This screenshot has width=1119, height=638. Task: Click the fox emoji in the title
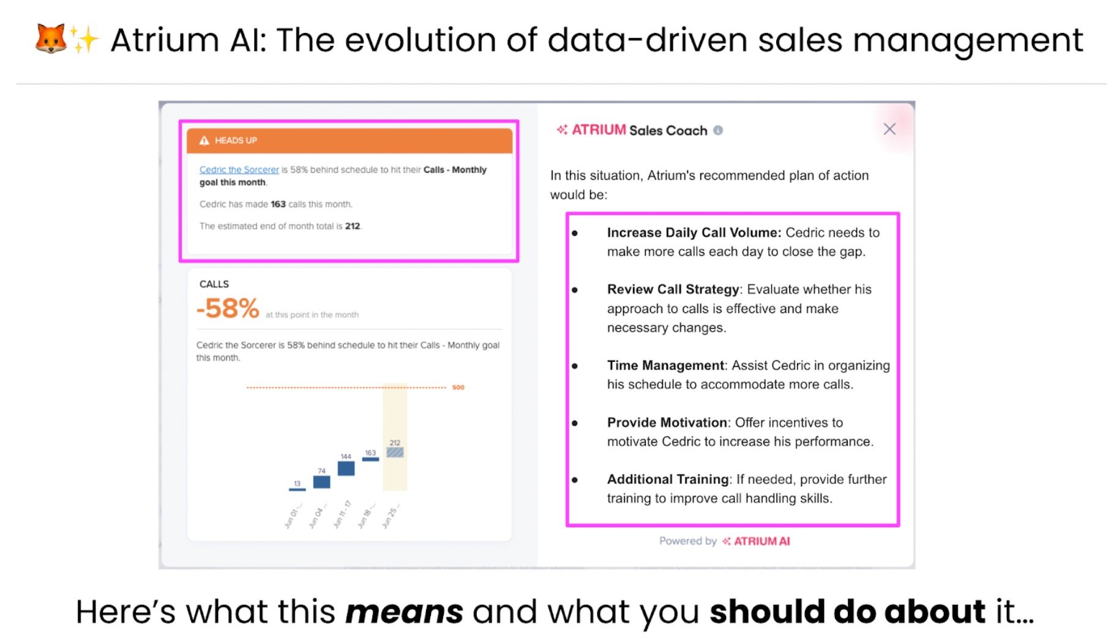50,39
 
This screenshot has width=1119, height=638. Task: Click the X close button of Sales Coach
889,129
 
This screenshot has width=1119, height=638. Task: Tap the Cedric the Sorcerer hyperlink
239,170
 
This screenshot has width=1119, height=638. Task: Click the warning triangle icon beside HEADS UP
204,141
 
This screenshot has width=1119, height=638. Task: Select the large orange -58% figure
228,308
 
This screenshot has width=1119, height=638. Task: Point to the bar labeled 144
346,468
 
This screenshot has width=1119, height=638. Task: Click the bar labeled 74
321,482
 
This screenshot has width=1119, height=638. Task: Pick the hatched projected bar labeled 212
395,452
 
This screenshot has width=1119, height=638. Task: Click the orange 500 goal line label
458,388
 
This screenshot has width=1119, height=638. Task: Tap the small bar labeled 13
297,489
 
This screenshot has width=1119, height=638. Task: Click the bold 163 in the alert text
278,205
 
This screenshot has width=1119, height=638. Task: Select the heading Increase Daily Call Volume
694,233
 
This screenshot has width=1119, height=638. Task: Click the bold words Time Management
665,366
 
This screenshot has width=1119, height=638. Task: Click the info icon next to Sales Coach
718,130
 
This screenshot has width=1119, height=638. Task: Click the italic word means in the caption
404,612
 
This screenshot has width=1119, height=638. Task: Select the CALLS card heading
214,284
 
